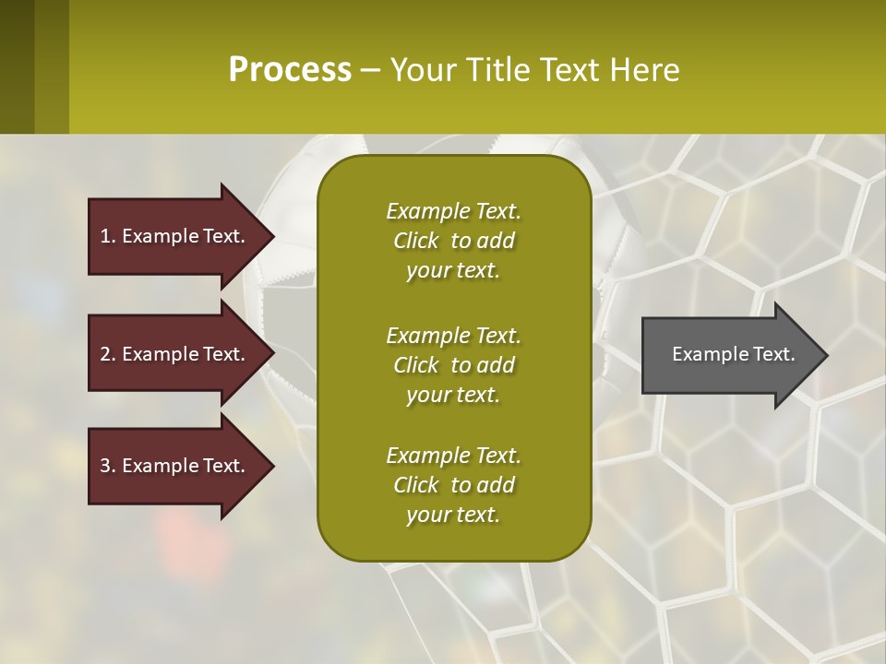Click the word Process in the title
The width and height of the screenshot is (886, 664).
tap(290, 69)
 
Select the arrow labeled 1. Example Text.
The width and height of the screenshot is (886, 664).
tap(181, 236)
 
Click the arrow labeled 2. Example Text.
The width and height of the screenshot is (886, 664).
tap(181, 353)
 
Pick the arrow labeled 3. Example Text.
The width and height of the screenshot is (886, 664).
tap(181, 466)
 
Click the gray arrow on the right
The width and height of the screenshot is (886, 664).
tap(735, 354)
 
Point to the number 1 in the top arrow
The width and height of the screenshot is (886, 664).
tap(105, 236)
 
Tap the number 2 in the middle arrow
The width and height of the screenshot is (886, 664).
tap(106, 354)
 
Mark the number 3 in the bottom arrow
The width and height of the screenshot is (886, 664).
tap(106, 466)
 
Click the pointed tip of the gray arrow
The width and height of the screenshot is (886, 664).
tap(829, 355)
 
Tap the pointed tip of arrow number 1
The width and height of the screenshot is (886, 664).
tap(275, 237)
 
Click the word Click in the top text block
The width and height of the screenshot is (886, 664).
tap(416, 241)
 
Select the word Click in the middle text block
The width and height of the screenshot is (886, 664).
tap(416, 365)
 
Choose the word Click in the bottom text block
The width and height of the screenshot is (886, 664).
tap(416, 484)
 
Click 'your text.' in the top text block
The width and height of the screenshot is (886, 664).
tap(453, 270)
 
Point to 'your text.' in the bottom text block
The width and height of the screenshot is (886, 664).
tap(453, 515)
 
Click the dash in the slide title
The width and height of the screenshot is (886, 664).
tap(370, 71)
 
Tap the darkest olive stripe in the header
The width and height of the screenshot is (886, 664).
tap(17, 66)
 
